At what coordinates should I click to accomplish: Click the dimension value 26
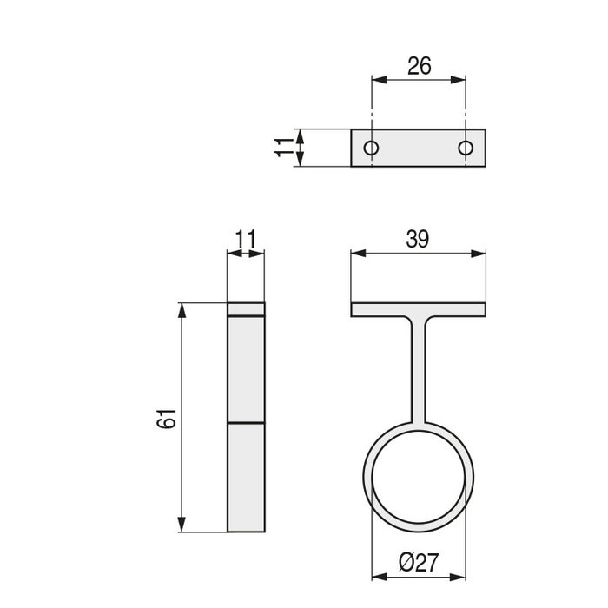(419, 66)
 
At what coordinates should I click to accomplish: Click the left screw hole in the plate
(372, 149)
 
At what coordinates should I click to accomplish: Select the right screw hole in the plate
(467, 149)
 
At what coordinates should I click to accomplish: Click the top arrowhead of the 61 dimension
(182, 309)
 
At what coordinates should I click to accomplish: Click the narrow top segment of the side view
(246, 309)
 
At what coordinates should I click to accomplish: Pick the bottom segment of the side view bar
(246, 477)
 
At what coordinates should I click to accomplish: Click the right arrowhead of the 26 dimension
(462, 80)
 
